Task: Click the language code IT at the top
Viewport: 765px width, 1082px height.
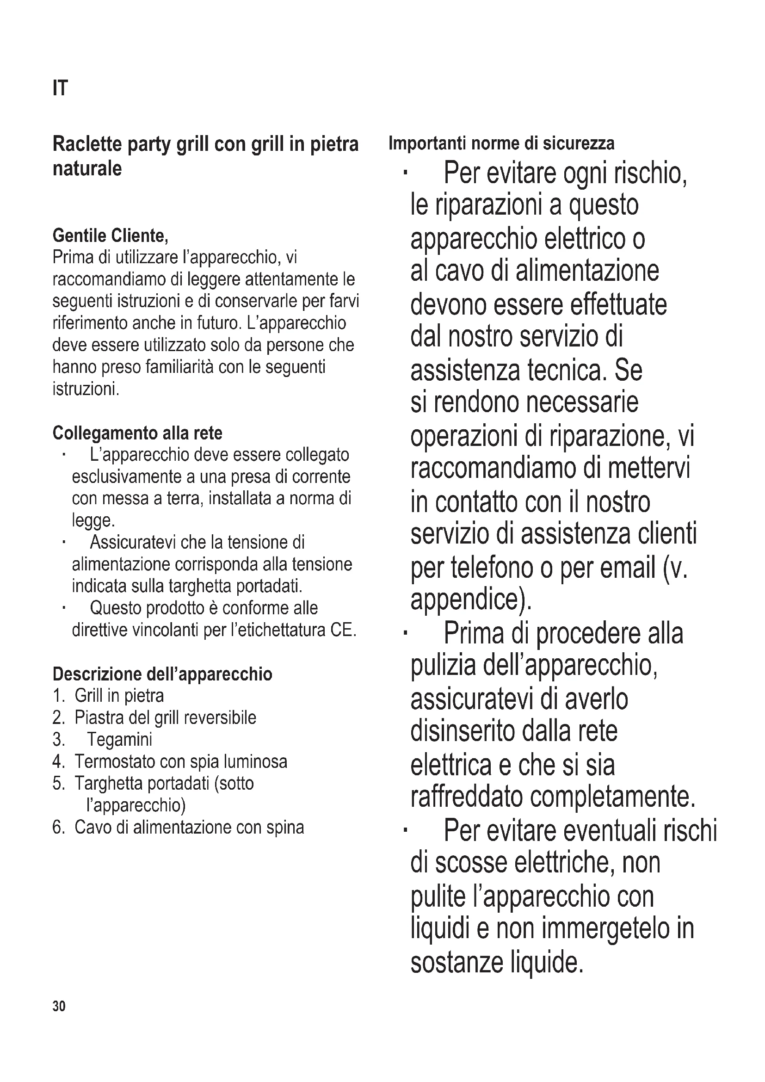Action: (60, 88)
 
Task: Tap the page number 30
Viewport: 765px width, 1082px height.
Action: (59, 1006)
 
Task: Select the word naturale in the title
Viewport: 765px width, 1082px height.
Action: (87, 168)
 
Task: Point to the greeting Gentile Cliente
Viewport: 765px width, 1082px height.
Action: (110, 235)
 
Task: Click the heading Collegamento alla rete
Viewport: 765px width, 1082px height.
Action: (137, 433)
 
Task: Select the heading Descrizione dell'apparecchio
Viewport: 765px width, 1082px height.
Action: (162, 674)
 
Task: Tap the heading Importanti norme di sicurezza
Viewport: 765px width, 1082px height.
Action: (501, 143)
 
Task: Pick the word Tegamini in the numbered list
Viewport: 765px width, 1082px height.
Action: (120, 739)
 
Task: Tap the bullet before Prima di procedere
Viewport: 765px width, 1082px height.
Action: (405, 633)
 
